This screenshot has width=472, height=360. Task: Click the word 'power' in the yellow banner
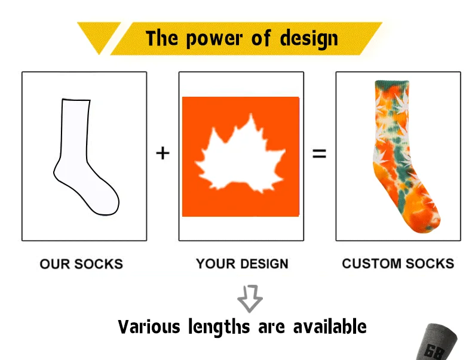tap(214, 39)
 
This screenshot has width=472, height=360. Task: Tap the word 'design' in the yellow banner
tap(309, 39)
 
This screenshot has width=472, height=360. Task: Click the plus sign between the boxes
tap(163, 153)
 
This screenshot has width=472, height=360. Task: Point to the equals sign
tap(320, 153)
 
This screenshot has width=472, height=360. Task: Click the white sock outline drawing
tap(86, 156)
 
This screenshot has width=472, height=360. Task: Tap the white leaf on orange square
tap(240, 156)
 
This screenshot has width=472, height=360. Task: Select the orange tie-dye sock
tap(404, 156)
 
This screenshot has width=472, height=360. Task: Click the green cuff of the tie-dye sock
tap(392, 84)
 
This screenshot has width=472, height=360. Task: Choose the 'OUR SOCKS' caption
tap(81, 264)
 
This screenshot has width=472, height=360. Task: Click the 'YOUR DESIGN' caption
tap(242, 264)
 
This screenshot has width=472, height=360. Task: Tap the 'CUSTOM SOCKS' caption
tap(398, 263)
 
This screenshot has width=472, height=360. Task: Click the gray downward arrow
tap(250, 299)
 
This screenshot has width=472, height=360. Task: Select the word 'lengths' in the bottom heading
tap(219, 327)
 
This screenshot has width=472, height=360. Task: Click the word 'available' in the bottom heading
tap(330, 327)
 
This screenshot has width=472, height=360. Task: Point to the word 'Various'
tap(149, 327)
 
